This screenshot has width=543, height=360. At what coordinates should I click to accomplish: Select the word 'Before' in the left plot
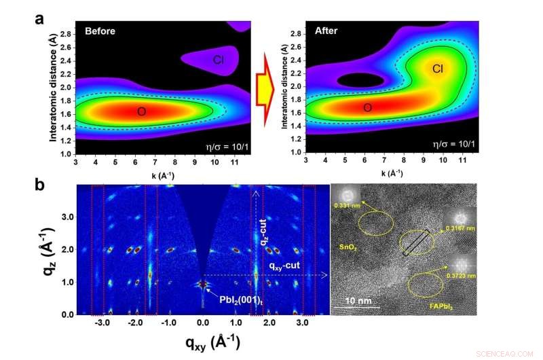(x=100, y=31)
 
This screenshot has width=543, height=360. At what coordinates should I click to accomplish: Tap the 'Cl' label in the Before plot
(x=219, y=60)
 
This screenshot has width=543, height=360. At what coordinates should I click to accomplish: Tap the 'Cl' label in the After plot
(x=438, y=69)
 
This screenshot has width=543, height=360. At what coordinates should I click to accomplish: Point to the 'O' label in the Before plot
(x=141, y=111)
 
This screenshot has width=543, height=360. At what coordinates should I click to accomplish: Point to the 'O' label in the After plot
(x=367, y=108)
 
